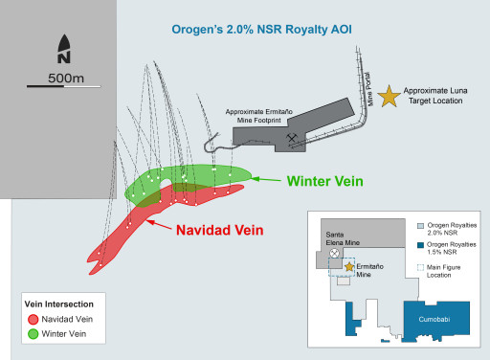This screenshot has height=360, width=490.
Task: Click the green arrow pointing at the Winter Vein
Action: click(x=273, y=179)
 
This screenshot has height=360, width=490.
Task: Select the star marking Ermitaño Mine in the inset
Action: click(x=348, y=266)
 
